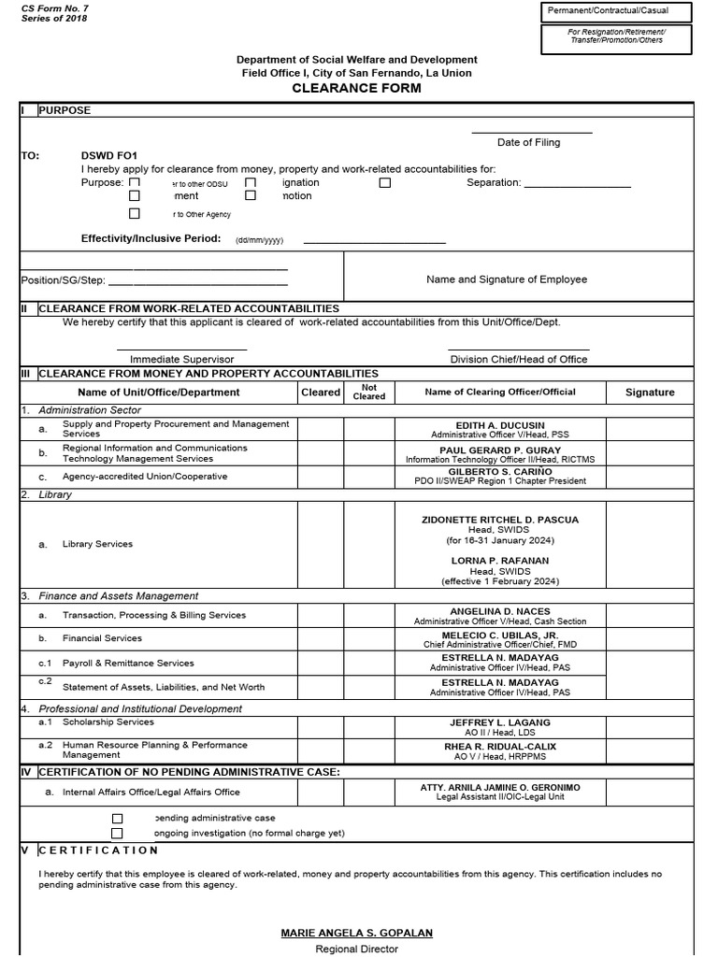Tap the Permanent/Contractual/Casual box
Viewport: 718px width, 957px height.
click(616, 12)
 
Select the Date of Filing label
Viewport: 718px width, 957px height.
click(529, 142)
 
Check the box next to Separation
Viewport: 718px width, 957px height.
click(385, 183)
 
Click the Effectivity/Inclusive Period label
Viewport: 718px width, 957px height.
click(151, 238)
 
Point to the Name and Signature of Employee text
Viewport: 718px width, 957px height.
click(507, 279)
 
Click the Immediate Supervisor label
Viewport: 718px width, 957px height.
click(181, 359)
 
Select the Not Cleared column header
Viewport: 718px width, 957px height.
click(368, 392)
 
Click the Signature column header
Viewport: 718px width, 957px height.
click(650, 393)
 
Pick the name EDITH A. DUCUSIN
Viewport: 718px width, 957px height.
click(499, 425)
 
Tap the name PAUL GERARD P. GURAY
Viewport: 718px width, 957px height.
click(499, 450)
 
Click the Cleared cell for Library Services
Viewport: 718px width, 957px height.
click(321, 544)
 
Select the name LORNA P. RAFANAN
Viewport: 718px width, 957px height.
click(499, 561)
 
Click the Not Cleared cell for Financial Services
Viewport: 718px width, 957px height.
click(368, 638)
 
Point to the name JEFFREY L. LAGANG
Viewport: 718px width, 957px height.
click(499, 722)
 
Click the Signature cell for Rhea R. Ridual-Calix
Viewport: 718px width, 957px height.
click(650, 751)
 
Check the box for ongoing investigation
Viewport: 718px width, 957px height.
click(117, 833)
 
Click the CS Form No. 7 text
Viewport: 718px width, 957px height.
click(53, 7)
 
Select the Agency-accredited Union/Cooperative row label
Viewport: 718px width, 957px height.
click(144, 477)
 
